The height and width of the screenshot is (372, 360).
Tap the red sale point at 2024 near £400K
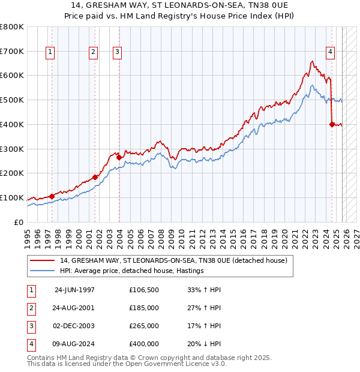pos(332,124)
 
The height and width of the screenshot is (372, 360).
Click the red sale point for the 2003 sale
pos(119,157)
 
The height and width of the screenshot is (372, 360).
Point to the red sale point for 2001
pos(95,177)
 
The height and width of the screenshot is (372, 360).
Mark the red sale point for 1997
pos(52,196)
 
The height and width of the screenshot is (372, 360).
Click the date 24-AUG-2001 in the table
pos(74,308)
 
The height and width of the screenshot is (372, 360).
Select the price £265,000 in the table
pos(144,326)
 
